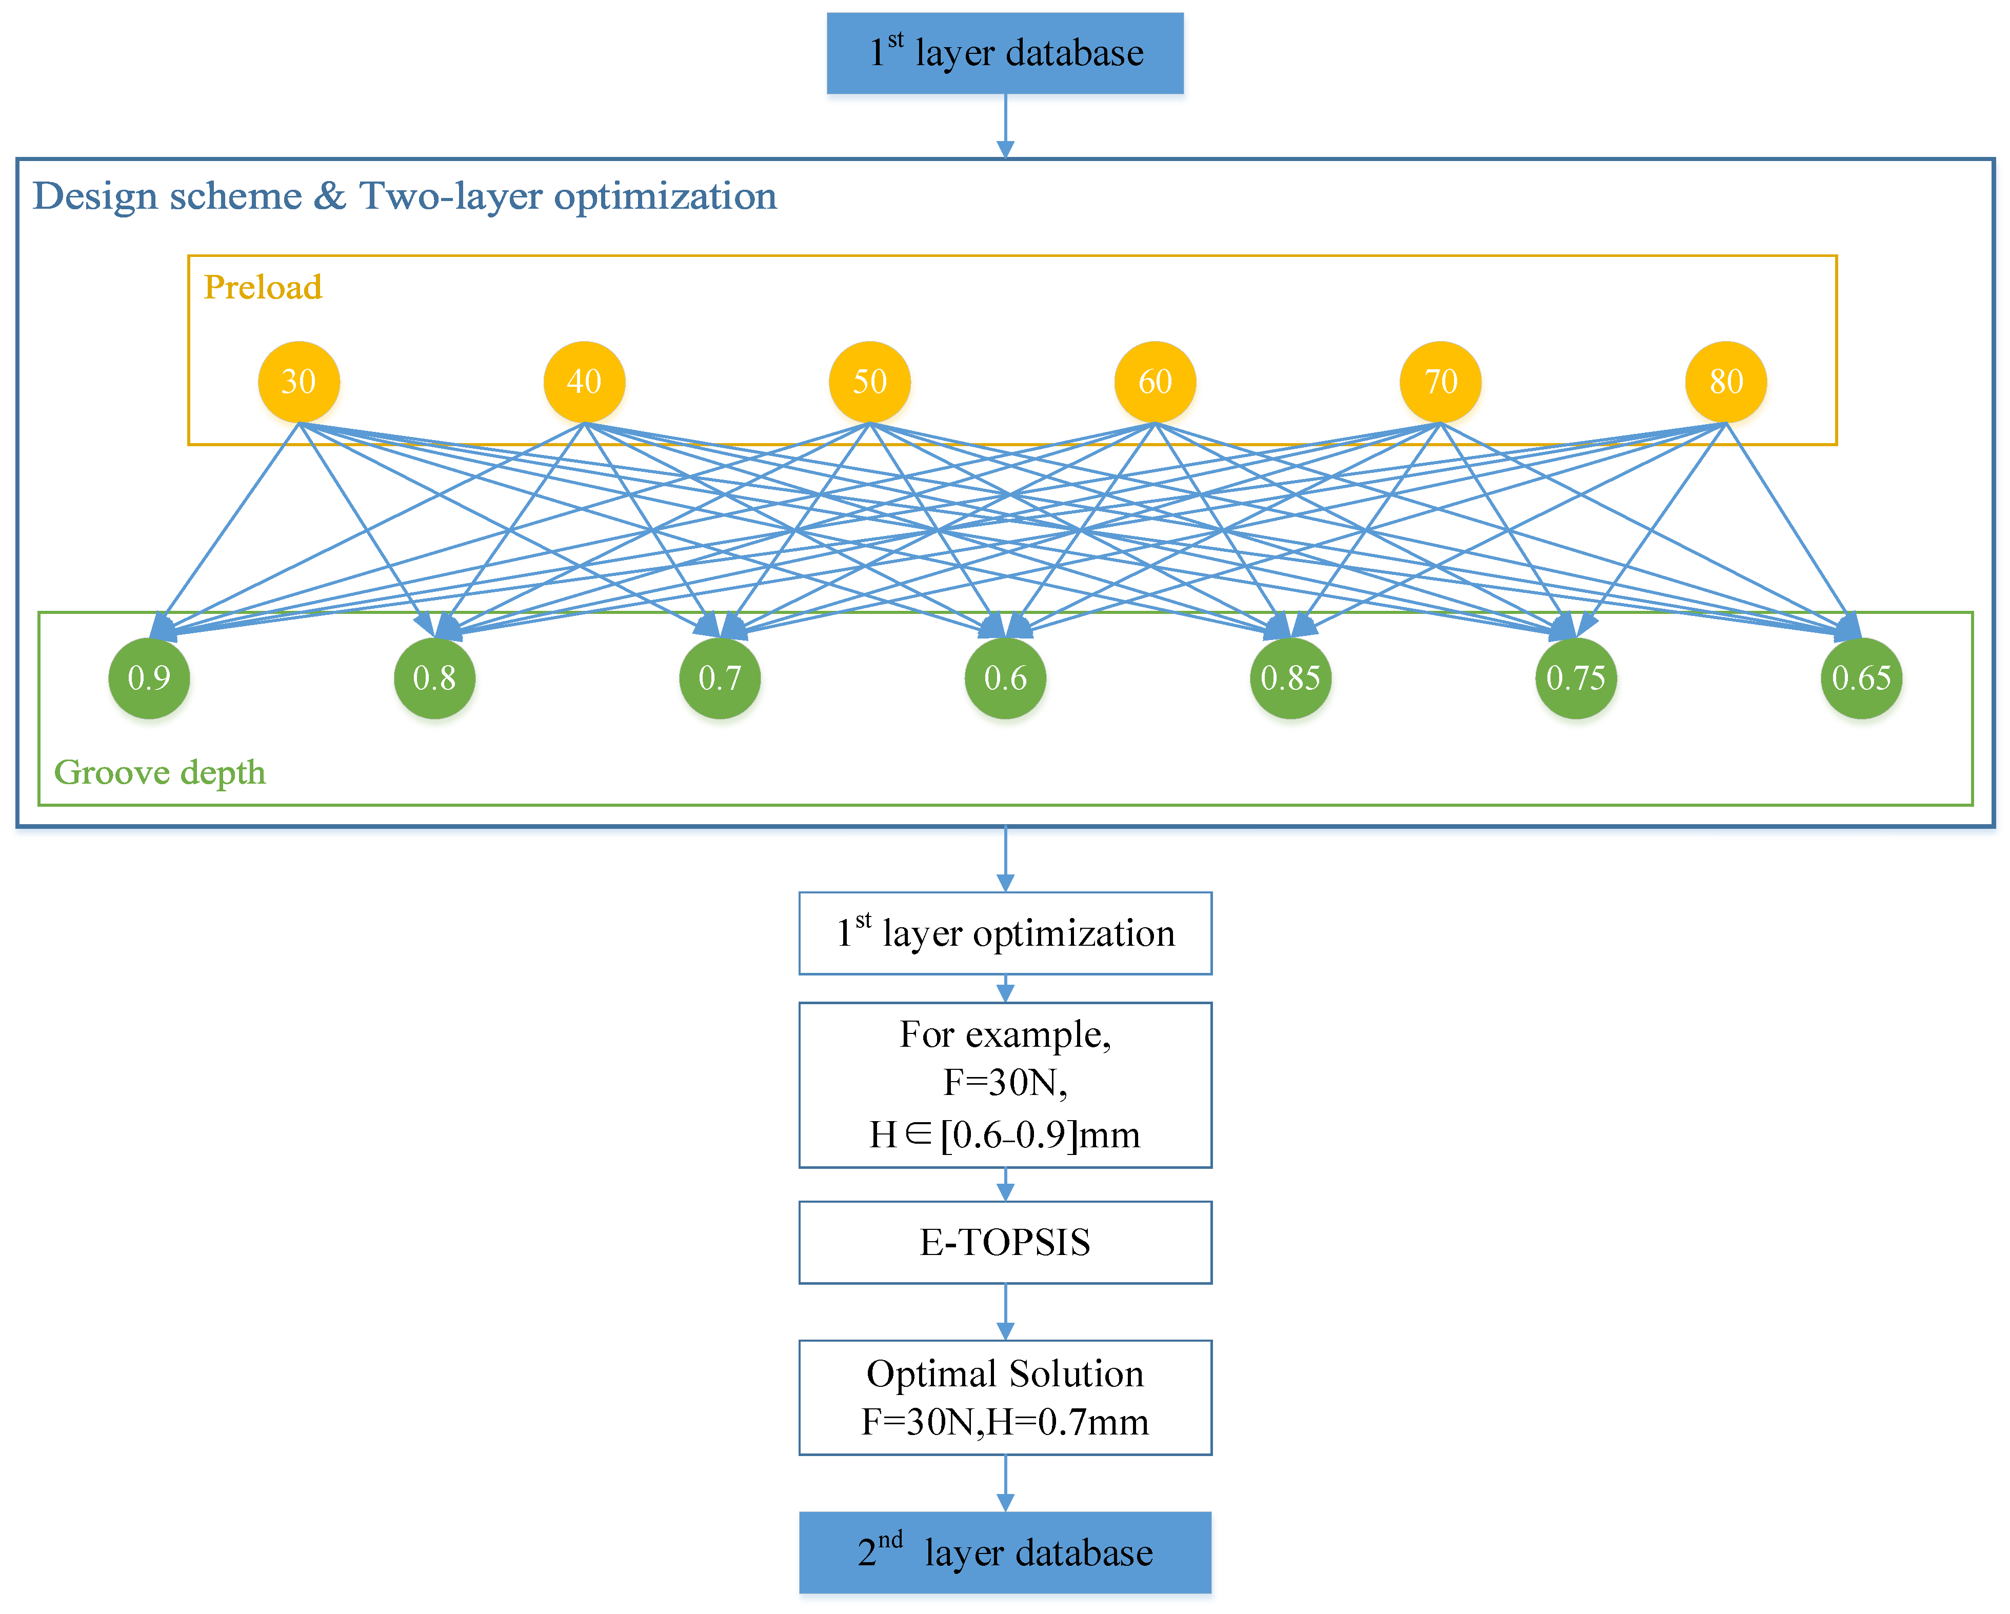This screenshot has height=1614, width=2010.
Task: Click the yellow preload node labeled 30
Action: point(298,382)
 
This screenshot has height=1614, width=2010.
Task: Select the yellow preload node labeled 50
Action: point(869,382)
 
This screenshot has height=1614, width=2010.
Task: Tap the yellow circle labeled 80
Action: point(1726,382)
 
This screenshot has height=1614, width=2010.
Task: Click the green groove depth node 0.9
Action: point(149,678)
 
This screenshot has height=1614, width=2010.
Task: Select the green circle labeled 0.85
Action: point(1290,678)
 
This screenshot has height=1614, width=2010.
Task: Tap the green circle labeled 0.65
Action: point(1861,678)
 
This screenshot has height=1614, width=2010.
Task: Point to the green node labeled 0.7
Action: point(720,678)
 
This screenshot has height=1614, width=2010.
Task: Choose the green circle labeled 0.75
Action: point(1576,678)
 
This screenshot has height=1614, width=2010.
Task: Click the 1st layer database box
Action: point(1005,53)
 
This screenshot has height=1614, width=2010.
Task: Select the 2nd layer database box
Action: point(1005,1552)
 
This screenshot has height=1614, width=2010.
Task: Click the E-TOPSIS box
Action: point(1005,1242)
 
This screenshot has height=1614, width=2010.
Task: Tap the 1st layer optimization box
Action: point(1005,933)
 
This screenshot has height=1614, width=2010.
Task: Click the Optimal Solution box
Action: point(1005,1397)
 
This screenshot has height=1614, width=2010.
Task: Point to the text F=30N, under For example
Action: point(1005,1083)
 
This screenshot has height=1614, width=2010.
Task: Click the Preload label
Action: point(263,287)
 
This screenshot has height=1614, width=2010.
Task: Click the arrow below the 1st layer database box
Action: point(1005,126)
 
